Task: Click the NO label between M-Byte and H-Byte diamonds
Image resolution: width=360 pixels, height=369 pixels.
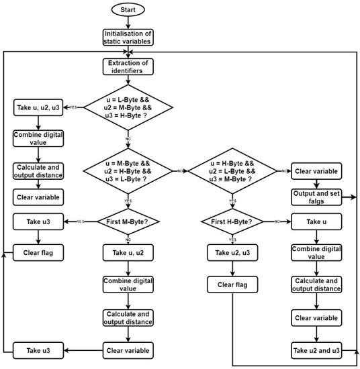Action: (181, 172)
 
